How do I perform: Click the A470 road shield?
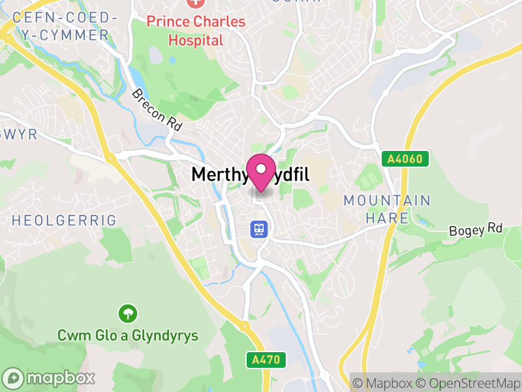pyautogui.click(x=266, y=359)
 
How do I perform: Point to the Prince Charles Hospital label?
pyautogui.click(x=196, y=31)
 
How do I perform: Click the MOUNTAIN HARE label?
pyautogui.click(x=387, y=209)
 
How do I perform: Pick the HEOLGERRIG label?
pyautogui.click(x=66, y=220)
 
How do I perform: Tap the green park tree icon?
pyautogui.click(x=127, y=314)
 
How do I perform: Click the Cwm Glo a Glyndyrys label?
pyautogui.click(x=128, y=336)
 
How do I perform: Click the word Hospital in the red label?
pyautogui.click(x=196, y=40)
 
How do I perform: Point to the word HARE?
pyautogui.click(x=387, y=218)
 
